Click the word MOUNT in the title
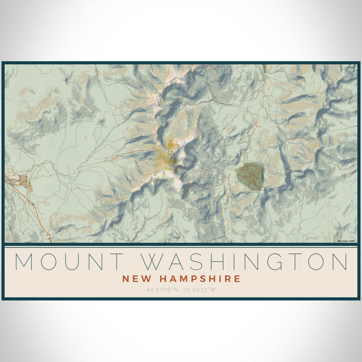click(68, 262)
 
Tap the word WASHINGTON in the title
click(245, 262)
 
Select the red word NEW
click(135, 279)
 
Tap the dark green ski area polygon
click(249, 174)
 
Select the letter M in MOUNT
click(24, 262)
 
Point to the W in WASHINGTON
click(152, 262)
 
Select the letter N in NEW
click(125, 279)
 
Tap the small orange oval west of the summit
click(114, 158)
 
